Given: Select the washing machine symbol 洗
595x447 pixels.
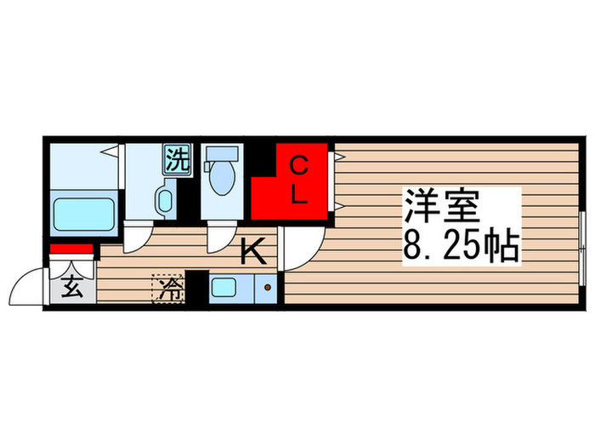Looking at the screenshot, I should (176, 160).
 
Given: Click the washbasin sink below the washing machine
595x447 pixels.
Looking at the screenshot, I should (164, 201).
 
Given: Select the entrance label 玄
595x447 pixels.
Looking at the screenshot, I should (72, 289).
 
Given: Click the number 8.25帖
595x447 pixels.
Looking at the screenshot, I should (460, 247).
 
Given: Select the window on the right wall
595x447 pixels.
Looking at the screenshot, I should (582, 249).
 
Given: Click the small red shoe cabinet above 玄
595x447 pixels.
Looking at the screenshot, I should (71, 249).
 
